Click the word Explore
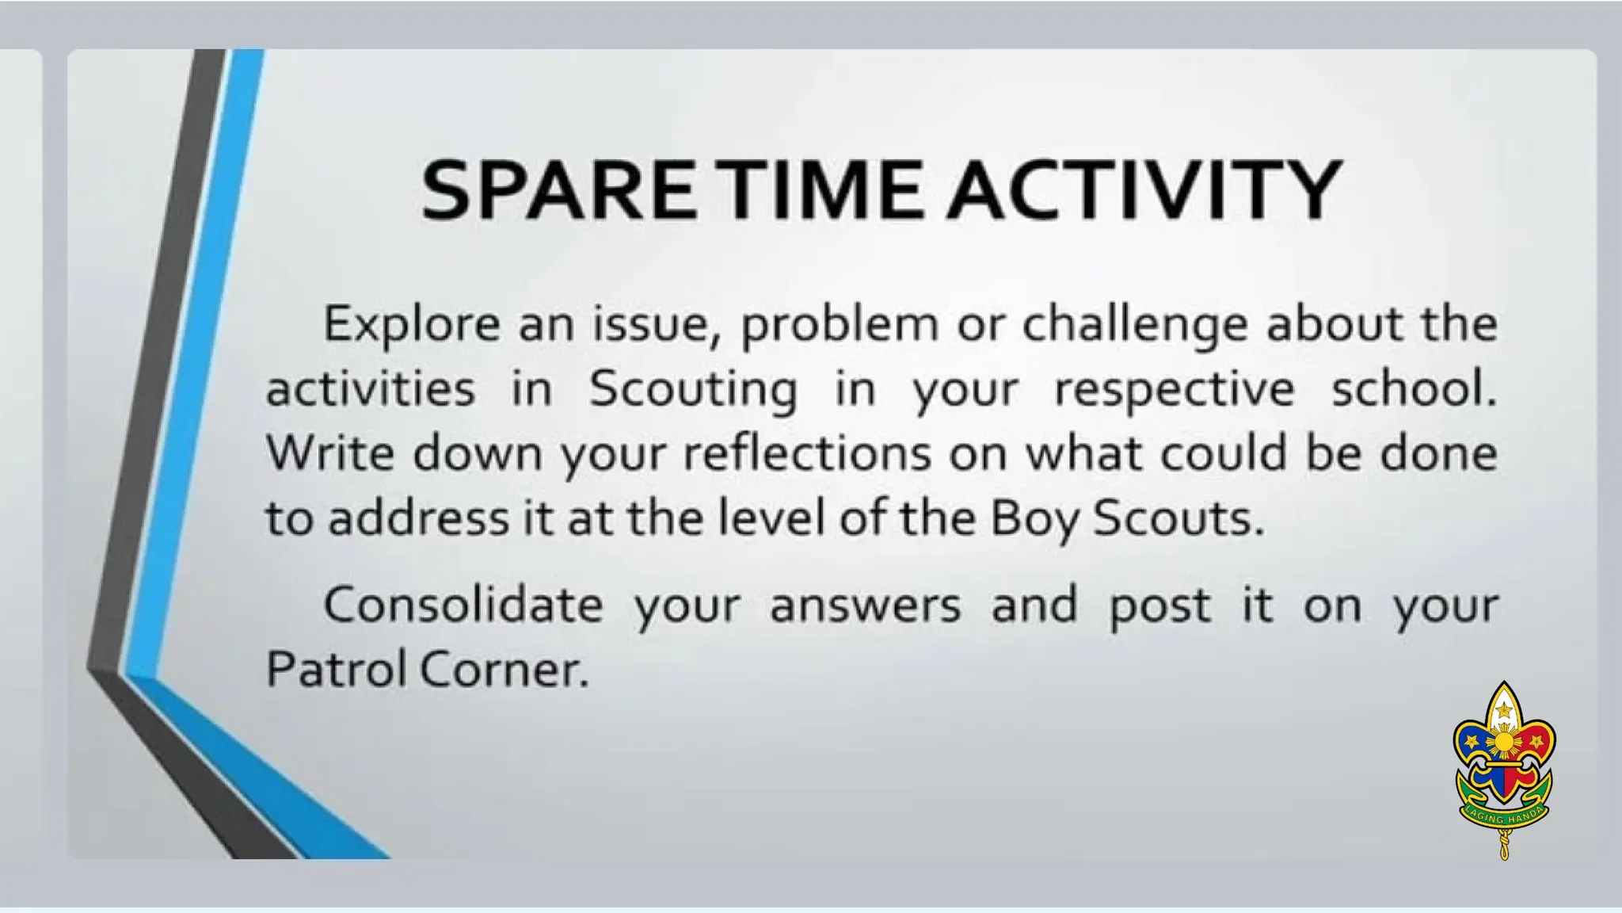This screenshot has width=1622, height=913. click(411, 325)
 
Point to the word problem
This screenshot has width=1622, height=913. click(839, 325)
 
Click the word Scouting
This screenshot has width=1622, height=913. click(693, 390)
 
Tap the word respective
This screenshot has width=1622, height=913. click(1175, 390)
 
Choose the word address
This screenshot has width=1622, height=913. click(418, 518)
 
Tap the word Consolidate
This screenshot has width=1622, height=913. click(463, 605)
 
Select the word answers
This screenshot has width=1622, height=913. click(865, 605)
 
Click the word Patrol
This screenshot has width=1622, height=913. click(336, 669)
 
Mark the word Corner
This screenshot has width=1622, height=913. click(504, 669)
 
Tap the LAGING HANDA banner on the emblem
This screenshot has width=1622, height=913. click(1503, 816)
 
